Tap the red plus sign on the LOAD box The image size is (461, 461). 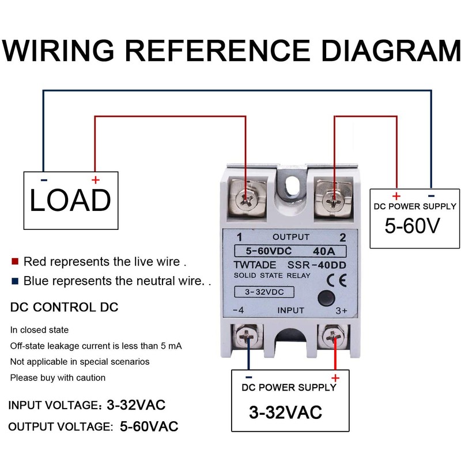coord(95,180)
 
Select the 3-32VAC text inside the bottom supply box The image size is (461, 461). coord(285,412)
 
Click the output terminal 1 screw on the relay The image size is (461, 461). coord(246,199)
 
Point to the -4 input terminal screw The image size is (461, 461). coord(249,337)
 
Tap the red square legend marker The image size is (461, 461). coord(15,262)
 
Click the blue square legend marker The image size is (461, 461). coord(15,282)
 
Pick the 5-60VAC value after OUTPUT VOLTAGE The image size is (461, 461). coord(149,426)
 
